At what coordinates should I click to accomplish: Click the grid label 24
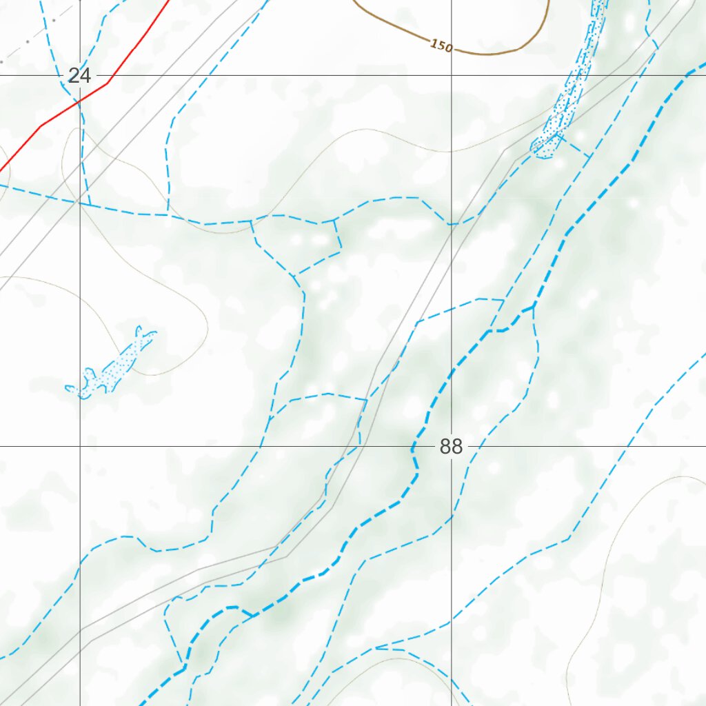(x=79, y=76)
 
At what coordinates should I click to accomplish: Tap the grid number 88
(x=451, y=447)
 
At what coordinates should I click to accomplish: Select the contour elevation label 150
(x=441, y=46)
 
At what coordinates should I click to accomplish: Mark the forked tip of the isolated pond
(x=145, y=334)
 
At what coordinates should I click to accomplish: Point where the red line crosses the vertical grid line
(x=80, y=100)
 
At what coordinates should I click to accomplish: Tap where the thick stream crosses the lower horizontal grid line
(x=412, y=446)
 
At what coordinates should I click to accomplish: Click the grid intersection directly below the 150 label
(x=452, y=75)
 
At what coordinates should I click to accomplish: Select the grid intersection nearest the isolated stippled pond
(x=80, y=446)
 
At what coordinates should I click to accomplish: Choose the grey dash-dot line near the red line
(x=28, y=41)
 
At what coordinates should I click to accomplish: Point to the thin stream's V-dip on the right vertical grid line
(x=452, y=224)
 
